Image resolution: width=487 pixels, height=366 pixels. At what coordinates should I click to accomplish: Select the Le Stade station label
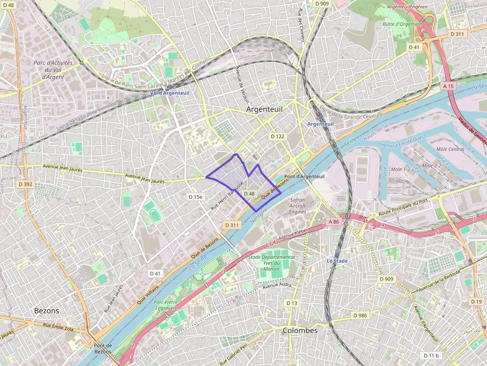pos(337,261)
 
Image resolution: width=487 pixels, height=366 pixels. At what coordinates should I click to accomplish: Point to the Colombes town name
pos(300,330)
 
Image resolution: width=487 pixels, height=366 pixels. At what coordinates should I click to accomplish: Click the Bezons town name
pos(46,311)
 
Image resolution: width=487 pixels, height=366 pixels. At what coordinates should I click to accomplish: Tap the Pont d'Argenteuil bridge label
pos(304,177)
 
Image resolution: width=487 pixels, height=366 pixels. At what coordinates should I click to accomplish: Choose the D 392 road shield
pos(25,184)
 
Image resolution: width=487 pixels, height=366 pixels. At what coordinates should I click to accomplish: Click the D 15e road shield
pos(196,197)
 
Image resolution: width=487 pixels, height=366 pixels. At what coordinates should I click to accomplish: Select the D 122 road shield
pos(277,136)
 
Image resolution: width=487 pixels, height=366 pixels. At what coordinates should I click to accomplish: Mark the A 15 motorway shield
pos(448,86)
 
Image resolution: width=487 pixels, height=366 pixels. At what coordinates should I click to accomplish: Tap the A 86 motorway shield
pos(333,221)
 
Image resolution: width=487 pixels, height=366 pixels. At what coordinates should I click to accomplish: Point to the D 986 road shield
pos(360,315)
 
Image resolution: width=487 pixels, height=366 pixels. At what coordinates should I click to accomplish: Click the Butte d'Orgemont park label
pos(403,24)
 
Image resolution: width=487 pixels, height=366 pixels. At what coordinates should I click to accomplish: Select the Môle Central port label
pos(450,149)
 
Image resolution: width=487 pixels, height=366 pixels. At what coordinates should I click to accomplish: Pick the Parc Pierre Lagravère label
pos(165,305)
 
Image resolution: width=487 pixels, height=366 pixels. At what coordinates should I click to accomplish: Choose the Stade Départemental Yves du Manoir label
pos(271,263)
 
